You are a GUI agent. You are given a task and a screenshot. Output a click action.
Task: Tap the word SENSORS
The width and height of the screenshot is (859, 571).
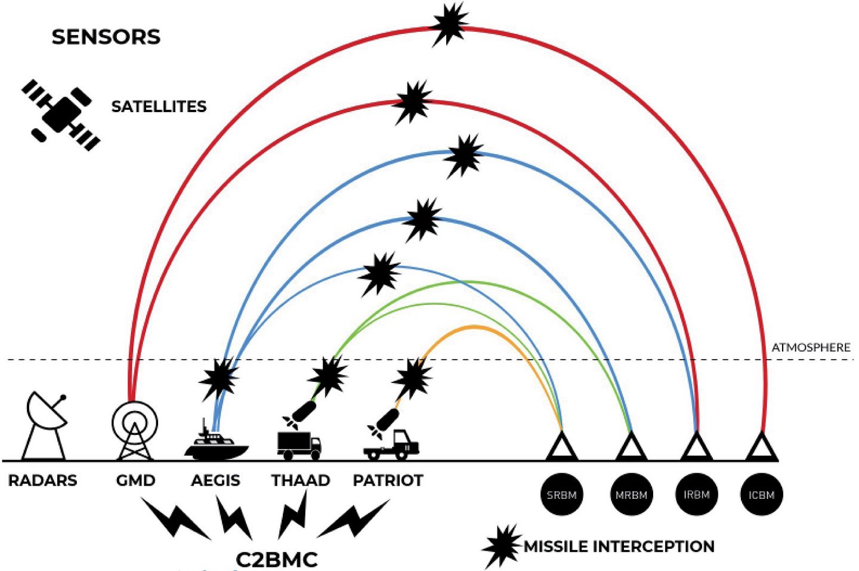click(x=106, y=37)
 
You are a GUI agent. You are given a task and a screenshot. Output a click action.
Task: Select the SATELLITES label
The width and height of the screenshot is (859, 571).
click(x=159, y=107)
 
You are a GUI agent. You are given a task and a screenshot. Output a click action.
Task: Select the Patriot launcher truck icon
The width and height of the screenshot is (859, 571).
click(x=392, y=445)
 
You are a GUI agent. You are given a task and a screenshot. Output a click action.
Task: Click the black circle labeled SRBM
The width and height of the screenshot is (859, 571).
click(x=561, y=495)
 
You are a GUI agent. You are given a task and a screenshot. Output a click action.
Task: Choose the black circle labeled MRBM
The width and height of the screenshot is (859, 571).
click(x=631, y=495)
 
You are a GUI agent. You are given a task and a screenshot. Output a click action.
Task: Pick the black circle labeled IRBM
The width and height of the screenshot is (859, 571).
click(x=696, y=495)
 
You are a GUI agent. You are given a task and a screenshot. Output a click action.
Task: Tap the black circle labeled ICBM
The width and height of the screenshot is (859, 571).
click(x=761, y=495)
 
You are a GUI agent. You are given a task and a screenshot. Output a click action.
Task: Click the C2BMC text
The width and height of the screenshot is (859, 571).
click(x=277, y=560)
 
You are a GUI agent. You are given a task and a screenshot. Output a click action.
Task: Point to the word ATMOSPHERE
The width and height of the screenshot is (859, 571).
click(x=811, y=347)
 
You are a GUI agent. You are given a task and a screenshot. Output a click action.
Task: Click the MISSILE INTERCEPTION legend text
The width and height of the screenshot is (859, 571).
click(x=619, y=547)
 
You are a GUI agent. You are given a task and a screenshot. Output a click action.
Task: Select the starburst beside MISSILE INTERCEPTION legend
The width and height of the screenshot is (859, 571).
click(x=501, y=545)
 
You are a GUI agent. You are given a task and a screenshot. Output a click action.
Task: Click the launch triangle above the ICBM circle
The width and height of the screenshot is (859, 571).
click(x=762, y=447)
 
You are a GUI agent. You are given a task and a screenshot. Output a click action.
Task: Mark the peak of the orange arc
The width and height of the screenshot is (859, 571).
click(x=475, y=326)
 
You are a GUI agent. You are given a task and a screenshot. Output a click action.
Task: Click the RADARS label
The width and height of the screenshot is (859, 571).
click(x=42, y=480)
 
